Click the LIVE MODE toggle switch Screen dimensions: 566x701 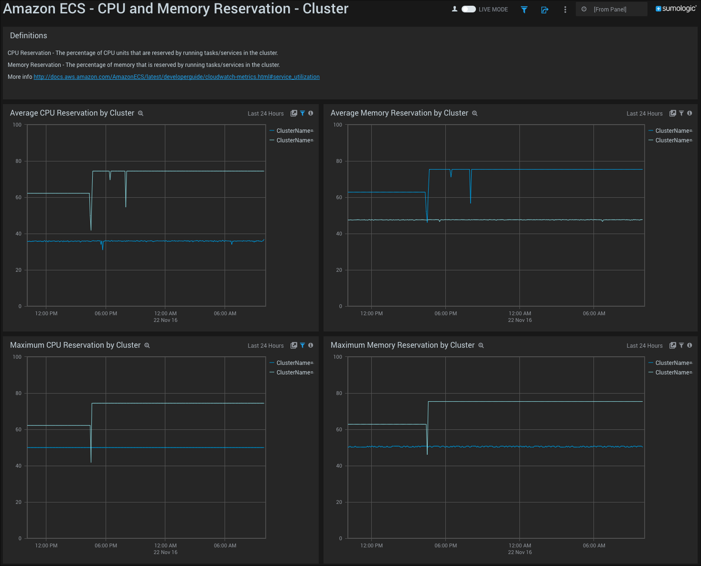tap(468, 9)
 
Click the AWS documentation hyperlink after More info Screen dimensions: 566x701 tap(176, 77)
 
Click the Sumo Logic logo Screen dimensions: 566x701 tap(676, 9)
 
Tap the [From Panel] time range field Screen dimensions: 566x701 tap(611, 9)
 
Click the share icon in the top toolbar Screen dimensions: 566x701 tap(544, 10)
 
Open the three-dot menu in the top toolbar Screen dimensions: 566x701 tap(565, 10)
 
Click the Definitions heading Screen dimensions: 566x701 tap(29, 36)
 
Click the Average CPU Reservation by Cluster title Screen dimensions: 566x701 tap(72, 113)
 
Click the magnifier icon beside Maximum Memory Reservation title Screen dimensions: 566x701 tap(481, 345)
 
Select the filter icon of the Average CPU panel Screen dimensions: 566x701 tap(302, 113)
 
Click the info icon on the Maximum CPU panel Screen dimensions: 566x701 tap(311, 345)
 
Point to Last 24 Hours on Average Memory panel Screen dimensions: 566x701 tap(644, 114)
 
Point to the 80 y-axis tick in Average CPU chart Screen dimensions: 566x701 tap(19, 161)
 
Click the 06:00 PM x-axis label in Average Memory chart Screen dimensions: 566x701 tap(445, 313)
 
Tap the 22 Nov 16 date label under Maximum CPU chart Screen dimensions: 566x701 tap(165, 552)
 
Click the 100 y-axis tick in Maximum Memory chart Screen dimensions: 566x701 tap(337, 357)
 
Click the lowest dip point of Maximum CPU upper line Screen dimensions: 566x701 tap(91, 462)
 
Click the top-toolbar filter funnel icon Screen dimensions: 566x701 tap(524, 10)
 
